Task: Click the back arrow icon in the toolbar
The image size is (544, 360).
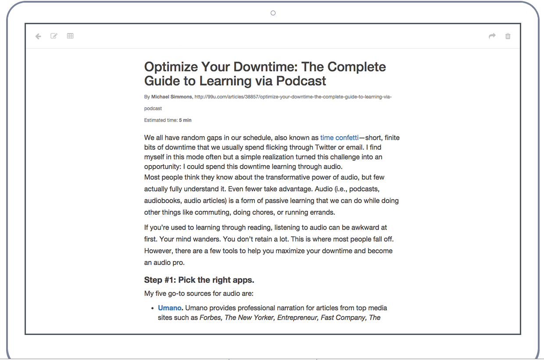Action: pos(38,36)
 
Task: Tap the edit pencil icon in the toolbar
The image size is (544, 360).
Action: pos(54,36)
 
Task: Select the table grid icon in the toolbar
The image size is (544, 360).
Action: pos(70,36)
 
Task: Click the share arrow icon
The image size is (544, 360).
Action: pos(492,36)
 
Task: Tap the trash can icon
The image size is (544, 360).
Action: pos(508,36)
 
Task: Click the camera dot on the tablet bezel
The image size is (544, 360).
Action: pos(273,13)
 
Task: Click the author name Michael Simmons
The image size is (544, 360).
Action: pos(172,97)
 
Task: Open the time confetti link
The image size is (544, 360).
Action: pos(339,138)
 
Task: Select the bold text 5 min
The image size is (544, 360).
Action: pos(185,120)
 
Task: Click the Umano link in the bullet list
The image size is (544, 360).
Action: pos(169,308)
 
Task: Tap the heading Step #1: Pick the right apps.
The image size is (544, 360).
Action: pos(199,280)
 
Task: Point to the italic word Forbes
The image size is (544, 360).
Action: pos(211,318)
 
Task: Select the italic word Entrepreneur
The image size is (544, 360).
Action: pos(297,318)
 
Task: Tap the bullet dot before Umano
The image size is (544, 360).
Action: pos(152,308)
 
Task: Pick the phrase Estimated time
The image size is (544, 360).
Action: pos(160,120)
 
